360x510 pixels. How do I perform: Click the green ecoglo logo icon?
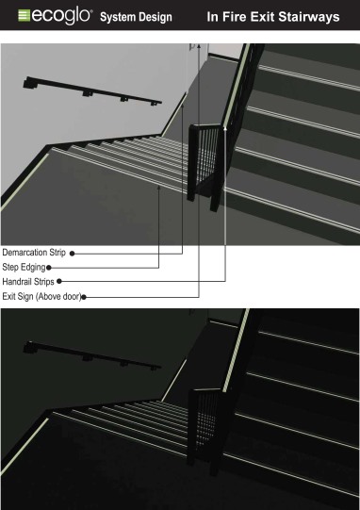click(x=16, y=16)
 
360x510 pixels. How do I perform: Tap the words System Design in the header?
click(x=148, y=17)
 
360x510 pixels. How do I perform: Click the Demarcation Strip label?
click(x=35, y=253)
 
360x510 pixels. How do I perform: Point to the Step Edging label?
click(x=24, y=267)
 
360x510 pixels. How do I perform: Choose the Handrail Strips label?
click(x=28, y=281)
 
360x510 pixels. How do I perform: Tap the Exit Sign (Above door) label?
click(x=42, y=296)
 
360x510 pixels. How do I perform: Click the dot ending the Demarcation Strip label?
click(x=73, y=253)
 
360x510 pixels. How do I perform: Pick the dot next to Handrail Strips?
click(x=58, y=281)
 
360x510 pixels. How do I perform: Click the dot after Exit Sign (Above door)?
click(x=86, y=296)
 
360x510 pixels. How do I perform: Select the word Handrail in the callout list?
click(x=18, y=281)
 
